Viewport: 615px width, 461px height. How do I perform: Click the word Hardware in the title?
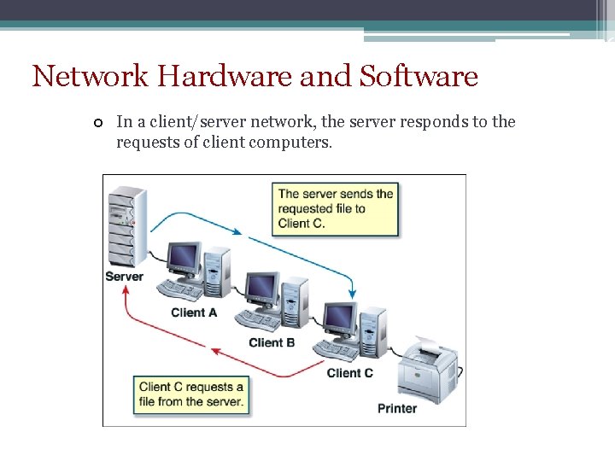click(x=225, y=77)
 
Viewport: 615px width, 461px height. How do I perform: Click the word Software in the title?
click(x=419, y=77)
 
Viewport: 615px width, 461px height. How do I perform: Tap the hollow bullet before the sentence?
click(x=99, y=123)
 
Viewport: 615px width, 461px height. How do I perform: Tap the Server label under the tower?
click(x=124, y=277)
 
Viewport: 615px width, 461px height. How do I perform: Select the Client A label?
click(x=194, y=312)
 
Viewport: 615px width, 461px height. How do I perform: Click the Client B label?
click(x=272, y=342)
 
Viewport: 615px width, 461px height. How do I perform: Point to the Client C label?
click(x=349, y=372)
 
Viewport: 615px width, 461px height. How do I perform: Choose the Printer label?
click(x=397, y=408)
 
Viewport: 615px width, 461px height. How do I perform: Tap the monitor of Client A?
click(x=183, y=257)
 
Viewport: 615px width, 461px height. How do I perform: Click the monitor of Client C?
click(x=339, y=316)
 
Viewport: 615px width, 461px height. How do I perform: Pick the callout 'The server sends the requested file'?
click(x=336, y=208)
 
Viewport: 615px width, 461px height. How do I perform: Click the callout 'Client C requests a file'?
click(x=191, y=394)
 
